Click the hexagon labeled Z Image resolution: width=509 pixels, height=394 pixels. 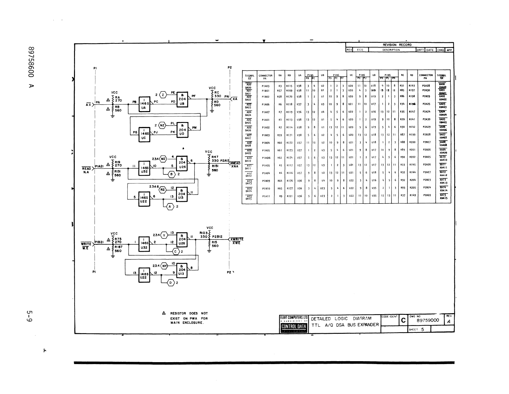(163, 95)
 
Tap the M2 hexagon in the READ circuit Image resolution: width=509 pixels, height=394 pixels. (163, 159)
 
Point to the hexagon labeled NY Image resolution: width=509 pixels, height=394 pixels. (164, 266)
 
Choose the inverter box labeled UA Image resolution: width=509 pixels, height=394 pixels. (143, 104)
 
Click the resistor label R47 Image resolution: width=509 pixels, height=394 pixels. (215, 157)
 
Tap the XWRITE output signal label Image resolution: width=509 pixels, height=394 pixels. (236, 239)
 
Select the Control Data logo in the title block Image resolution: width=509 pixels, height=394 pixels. (294, 327)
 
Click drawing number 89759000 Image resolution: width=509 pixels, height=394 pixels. (428, 321)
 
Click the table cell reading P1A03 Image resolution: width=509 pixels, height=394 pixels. (265, 86)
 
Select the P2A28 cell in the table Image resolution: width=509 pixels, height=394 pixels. (426, 86)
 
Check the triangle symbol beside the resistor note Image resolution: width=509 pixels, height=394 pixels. (164, 313)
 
